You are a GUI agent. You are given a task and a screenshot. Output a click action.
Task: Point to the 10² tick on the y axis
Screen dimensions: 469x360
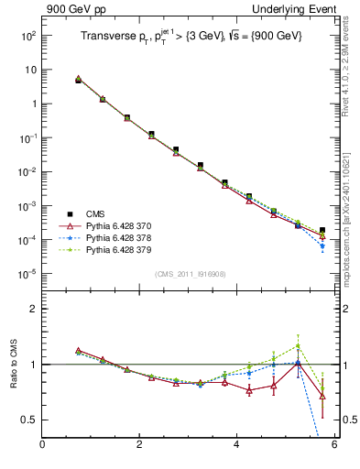27,35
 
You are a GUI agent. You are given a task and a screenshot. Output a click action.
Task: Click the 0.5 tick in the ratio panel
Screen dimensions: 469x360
29,420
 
